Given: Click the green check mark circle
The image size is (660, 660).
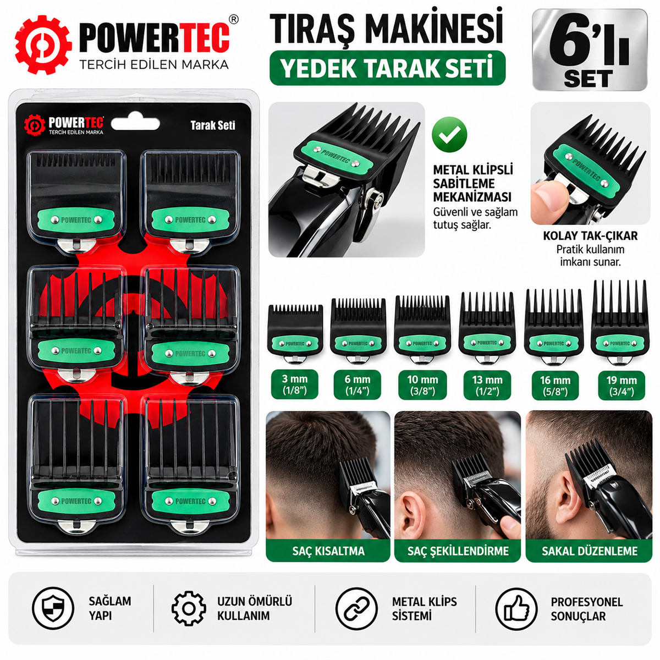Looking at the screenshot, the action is [x=449, y=135].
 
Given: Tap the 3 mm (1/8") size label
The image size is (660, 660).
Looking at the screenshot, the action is [x=295, y=384].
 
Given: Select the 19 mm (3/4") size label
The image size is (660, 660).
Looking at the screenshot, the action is [x=621, y=385].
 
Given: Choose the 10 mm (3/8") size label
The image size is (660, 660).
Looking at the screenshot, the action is [x=422, y=385].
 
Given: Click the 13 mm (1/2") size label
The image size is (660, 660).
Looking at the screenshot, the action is [x=487, y=385].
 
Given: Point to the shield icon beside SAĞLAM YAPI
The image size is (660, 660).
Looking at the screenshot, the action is [x=53, y=609].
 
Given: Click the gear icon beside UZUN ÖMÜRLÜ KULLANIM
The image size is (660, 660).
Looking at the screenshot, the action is [x=189, y=609].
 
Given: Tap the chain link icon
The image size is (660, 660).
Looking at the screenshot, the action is [x=356, y=609].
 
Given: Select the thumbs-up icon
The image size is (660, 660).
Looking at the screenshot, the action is [x=516, y=609].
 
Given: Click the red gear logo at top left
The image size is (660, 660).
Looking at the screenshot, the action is [x=43, y=45].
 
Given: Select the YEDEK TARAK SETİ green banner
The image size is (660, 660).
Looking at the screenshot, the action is [x=387, y=68].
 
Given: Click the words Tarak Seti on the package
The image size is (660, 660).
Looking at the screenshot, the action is [x=213, y=125].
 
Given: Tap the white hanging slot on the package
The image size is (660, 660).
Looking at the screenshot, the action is [x=135, y=124].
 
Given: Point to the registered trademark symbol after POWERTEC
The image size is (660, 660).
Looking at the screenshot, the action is [x=233, y=19].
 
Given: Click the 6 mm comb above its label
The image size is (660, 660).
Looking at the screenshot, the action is [x=358, y=329].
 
